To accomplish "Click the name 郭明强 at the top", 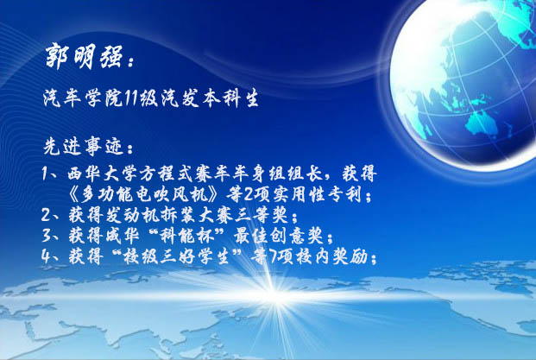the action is (x=84, y=56).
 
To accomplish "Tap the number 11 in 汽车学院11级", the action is (x=130, y=98).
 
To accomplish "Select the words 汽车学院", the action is (x=83, y=98).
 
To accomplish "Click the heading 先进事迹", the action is (x=83, y=147).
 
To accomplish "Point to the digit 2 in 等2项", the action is (x=249, y=195).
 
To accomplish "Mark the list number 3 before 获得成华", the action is (x=47, y=236).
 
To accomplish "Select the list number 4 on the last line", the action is (x=47, y=256).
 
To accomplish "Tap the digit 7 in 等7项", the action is (x=273, y=256).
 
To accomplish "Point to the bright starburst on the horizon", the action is (x=274, y=294).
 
